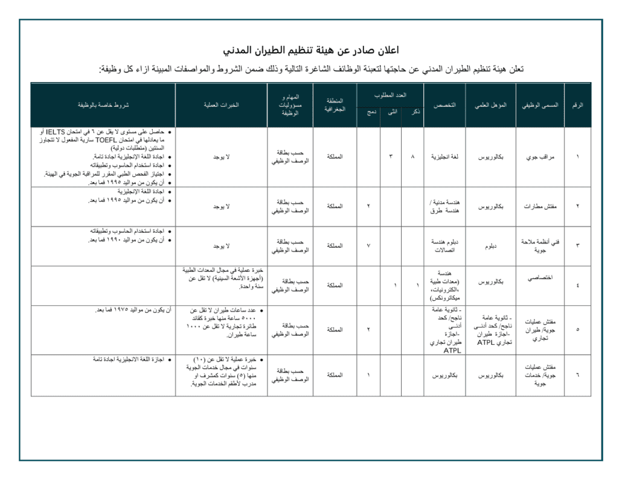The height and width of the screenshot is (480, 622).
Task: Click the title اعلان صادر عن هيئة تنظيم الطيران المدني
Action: coord(310,50)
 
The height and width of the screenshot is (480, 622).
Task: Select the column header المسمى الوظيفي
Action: coord(540,105)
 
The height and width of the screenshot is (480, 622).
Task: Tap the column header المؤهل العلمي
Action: coord(490,105)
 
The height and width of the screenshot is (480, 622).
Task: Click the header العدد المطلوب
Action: coord(390,95)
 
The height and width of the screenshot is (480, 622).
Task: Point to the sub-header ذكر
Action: coord(413,112)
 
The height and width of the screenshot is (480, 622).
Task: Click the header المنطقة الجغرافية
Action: coord(335,105)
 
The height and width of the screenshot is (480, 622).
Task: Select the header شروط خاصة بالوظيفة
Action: coord(103,105)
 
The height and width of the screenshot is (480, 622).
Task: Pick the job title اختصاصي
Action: coord(540,279)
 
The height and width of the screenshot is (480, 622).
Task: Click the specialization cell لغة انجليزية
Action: coord(444,157)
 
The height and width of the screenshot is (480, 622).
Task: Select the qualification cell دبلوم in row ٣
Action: coord(490,246)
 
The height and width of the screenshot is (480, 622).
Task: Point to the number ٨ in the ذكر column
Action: coord(412,157)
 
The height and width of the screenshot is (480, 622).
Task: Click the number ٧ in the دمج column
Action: coord(368,246)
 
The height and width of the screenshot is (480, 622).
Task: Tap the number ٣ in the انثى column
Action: coord(391,157)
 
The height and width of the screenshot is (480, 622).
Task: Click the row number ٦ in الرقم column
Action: coord(577,375)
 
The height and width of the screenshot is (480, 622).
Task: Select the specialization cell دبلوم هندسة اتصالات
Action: coord(444,246)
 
